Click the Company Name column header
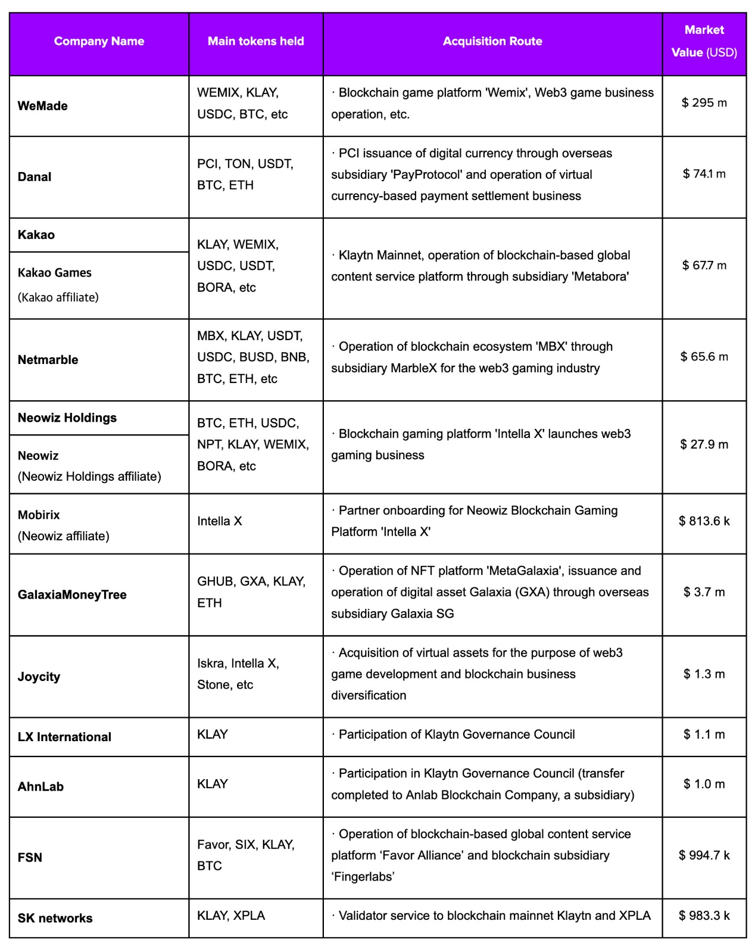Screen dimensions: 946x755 [x=99, y=41]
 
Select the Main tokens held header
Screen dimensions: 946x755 [x=255, y=41]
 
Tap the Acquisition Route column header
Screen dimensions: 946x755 [x=492, y=41]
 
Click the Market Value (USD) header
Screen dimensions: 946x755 [x=704, y=41]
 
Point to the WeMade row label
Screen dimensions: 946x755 [x=43, y=106]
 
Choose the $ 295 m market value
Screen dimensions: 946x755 [x=704, y=102]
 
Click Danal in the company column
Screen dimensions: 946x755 [x=35, y=177]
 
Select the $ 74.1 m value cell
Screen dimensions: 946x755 [x=704, y=174]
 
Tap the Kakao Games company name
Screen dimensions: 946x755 [x=55, y=273]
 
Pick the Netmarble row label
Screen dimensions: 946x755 [x=48, y=360]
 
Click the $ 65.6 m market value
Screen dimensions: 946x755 [x=704, y=357]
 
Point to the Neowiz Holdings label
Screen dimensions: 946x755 [x=67, y=418]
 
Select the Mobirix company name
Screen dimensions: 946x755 [x=39, y=515]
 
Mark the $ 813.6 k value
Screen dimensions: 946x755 [x=704, y=521]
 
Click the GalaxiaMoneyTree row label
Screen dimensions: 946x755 [x=72, y=595]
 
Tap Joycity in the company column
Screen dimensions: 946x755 [x=39, y=677]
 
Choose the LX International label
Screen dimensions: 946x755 [x=64, y=737]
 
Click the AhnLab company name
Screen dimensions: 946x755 [x=40, y=786]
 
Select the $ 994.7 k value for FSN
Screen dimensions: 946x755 [x=704, y=855]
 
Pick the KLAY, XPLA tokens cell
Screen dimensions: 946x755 [x=231, y=916]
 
